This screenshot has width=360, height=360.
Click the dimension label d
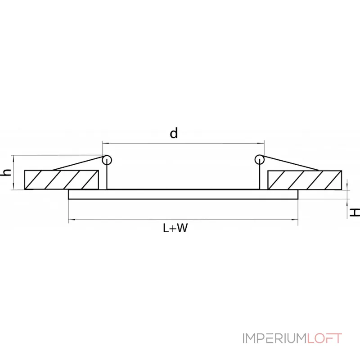point(174,133)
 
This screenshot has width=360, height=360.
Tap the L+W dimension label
point(175,228)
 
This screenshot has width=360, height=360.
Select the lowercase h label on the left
point(6,172)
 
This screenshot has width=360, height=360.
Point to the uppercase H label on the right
point(355,212)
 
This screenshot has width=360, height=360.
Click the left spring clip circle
point(107,159)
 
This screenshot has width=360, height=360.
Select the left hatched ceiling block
point(61,180)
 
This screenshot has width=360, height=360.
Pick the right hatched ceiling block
point(304,180)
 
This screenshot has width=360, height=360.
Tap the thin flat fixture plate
point(183,194)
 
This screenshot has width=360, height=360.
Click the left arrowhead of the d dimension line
point(104,144)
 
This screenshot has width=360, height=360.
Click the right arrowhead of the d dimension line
point(261,144)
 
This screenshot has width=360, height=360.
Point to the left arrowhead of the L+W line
point(71,220)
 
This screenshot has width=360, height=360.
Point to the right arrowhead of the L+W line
point(296,220)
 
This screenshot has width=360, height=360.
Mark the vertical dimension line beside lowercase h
point(14,172)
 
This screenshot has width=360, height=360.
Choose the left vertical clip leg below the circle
point(107,177)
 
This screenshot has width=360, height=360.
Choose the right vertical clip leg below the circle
point(259,177)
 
